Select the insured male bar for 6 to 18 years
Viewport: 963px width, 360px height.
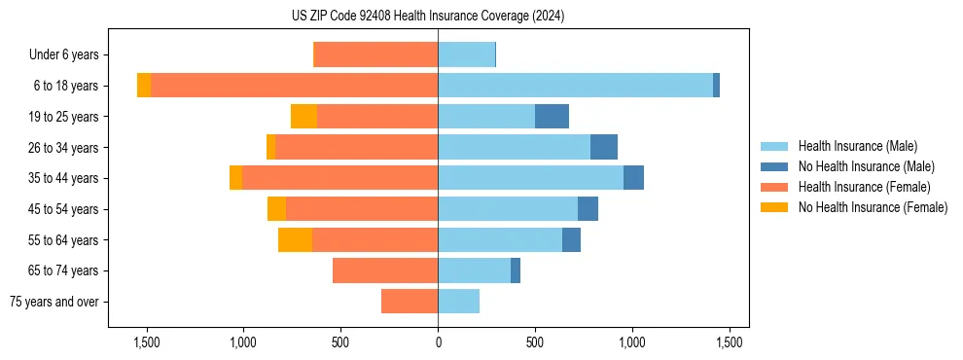575,86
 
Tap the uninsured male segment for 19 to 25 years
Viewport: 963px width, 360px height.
552,117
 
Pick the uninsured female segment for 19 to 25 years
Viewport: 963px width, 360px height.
303,117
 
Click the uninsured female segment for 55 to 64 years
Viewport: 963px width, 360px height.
295,240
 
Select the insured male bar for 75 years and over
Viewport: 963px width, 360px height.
458,302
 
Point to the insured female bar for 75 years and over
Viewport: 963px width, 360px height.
410,302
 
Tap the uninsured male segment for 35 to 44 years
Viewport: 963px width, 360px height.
633,178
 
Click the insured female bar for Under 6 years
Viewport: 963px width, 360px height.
375,55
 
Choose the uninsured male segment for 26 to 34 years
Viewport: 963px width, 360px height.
603,147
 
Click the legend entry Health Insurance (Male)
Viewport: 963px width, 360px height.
857,146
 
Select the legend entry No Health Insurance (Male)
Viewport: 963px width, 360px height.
866,166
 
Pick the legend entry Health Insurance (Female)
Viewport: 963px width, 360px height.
864,187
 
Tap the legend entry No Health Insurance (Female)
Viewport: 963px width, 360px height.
873,207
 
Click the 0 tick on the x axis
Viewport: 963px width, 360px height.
438,342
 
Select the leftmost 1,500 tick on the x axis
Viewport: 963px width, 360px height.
146,342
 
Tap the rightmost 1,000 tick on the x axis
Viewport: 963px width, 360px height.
632,342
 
